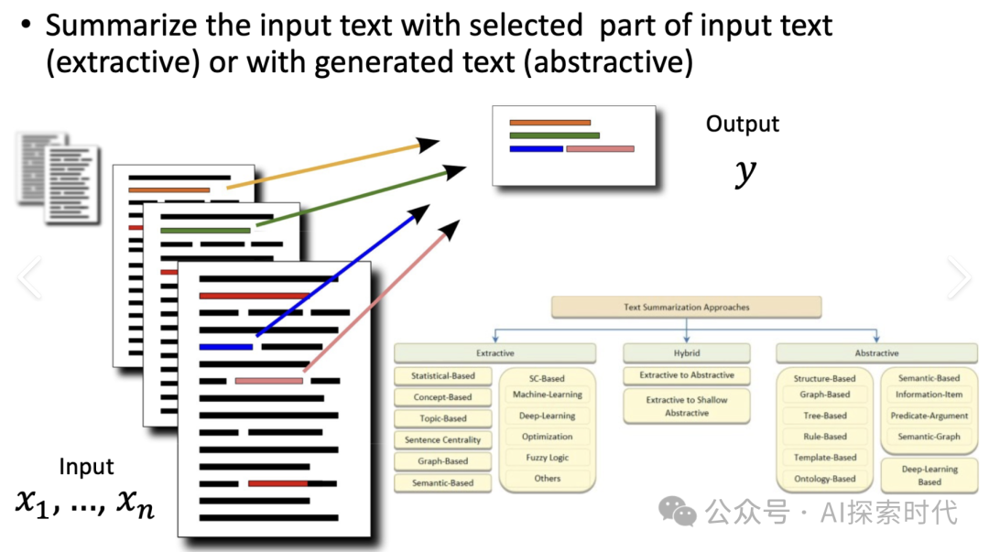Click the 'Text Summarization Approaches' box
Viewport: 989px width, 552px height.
[686, 308]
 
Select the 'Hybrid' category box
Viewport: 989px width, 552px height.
[686, 353]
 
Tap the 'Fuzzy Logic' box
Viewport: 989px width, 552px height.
[548, 458]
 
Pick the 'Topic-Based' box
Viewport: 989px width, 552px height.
[442, 418]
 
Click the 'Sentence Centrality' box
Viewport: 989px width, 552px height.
[442, 440]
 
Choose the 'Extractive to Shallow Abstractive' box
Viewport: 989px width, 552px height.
[686, 406]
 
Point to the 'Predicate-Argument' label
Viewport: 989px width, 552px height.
[929, 416]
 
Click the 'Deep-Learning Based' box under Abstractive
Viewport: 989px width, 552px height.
[929, 475]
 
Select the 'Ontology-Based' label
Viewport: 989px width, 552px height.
[824, 479]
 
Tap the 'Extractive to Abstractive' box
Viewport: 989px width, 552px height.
[686, 375]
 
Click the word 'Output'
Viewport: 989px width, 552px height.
[743, 124]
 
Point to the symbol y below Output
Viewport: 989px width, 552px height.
[745, 172]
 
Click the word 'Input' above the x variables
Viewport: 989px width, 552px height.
[87, 467]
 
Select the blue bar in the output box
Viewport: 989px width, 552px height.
[537, 148]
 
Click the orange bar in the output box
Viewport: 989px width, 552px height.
[549, 122]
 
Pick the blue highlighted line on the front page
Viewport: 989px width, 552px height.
[225, 347]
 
